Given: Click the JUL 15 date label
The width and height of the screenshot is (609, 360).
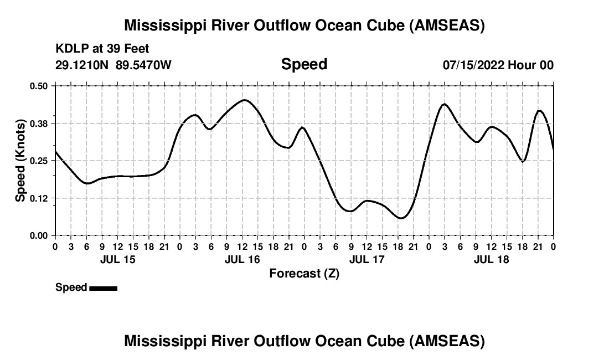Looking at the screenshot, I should point(117,259).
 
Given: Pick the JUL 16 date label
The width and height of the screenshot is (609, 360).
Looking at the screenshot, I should point(242,259).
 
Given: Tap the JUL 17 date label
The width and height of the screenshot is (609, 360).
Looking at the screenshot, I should point(367,259).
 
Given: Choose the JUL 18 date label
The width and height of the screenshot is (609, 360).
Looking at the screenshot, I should point(491,259).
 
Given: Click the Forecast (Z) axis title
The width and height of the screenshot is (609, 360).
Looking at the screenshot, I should point(304,273).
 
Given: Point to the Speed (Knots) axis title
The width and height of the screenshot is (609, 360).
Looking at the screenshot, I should point(20,161).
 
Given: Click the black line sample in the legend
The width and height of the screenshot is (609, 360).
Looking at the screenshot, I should point(103,288).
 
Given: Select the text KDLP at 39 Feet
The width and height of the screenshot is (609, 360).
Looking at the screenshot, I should point(102,49).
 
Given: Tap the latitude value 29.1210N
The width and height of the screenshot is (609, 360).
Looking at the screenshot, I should point(82,65).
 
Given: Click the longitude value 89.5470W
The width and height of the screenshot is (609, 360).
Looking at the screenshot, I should point(143,65).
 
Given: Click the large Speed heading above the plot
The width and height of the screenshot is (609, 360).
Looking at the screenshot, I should point(304,64).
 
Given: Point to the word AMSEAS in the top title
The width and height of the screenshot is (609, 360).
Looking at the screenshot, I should point(447,25).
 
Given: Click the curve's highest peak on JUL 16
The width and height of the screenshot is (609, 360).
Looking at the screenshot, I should point(244,100).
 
